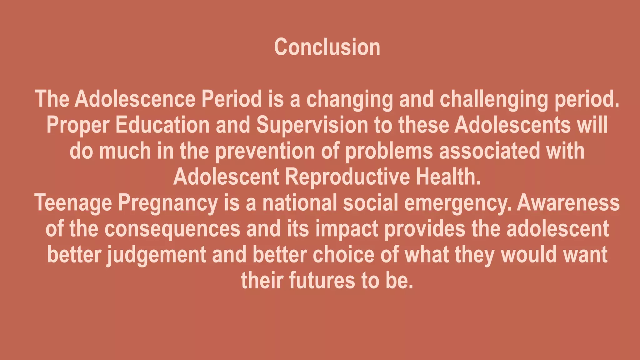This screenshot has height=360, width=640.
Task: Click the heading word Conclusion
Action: point(327,47)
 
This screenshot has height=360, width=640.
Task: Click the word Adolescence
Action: point(135,99)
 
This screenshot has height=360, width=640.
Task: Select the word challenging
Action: point(494,99)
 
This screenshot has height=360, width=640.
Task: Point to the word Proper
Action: point(78,125)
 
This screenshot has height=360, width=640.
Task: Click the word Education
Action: point(162,125)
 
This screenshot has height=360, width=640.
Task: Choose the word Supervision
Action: point(312,125)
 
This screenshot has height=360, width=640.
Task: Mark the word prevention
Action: point(265,151)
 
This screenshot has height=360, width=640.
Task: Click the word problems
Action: point(389,151)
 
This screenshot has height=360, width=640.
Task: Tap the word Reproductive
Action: point(347,177)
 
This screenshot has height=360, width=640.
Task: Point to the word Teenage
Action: point(73,203)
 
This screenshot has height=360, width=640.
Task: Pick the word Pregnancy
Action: point(167,203)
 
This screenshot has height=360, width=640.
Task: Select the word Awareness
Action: point(568,203)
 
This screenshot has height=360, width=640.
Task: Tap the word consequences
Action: point(172,229)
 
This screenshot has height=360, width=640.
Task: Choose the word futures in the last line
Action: point(322,281)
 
